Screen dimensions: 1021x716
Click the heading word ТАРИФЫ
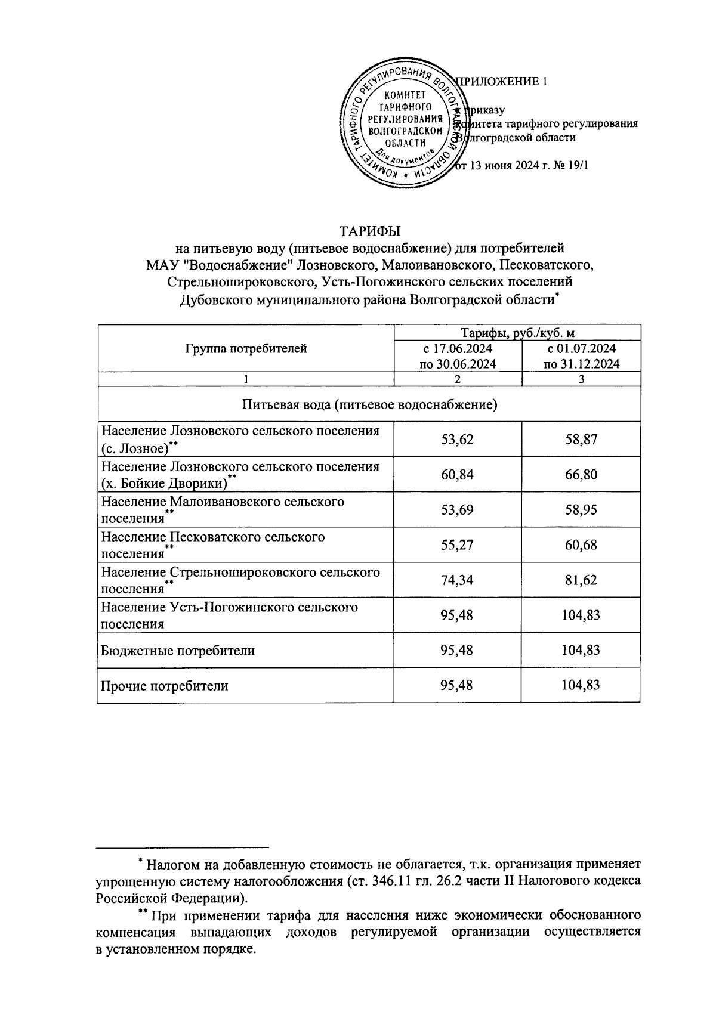tap(369, 231)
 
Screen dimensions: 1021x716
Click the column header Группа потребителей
tap(246, 349)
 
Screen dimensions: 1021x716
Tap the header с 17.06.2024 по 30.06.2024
tap(458, 356)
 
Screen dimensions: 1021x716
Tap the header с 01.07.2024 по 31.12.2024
tap(581, 356)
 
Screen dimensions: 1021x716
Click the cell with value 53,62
tap(457, 440)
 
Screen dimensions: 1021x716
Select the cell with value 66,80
tap(581, 475)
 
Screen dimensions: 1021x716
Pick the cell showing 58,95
tap(581, 510)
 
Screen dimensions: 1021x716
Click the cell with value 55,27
tap(457, 545)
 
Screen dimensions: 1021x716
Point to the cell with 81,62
tap(581, 580)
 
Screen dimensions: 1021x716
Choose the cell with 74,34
tap(457, 580)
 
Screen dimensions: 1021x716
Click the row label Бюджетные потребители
tap(178, 651)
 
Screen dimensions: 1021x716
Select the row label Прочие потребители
tap(165, 686)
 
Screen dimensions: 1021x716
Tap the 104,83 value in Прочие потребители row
tap(581, 686)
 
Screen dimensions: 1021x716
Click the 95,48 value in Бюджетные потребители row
tap(457, 651)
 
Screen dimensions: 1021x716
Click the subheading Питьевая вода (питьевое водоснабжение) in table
tap(369, 405)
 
